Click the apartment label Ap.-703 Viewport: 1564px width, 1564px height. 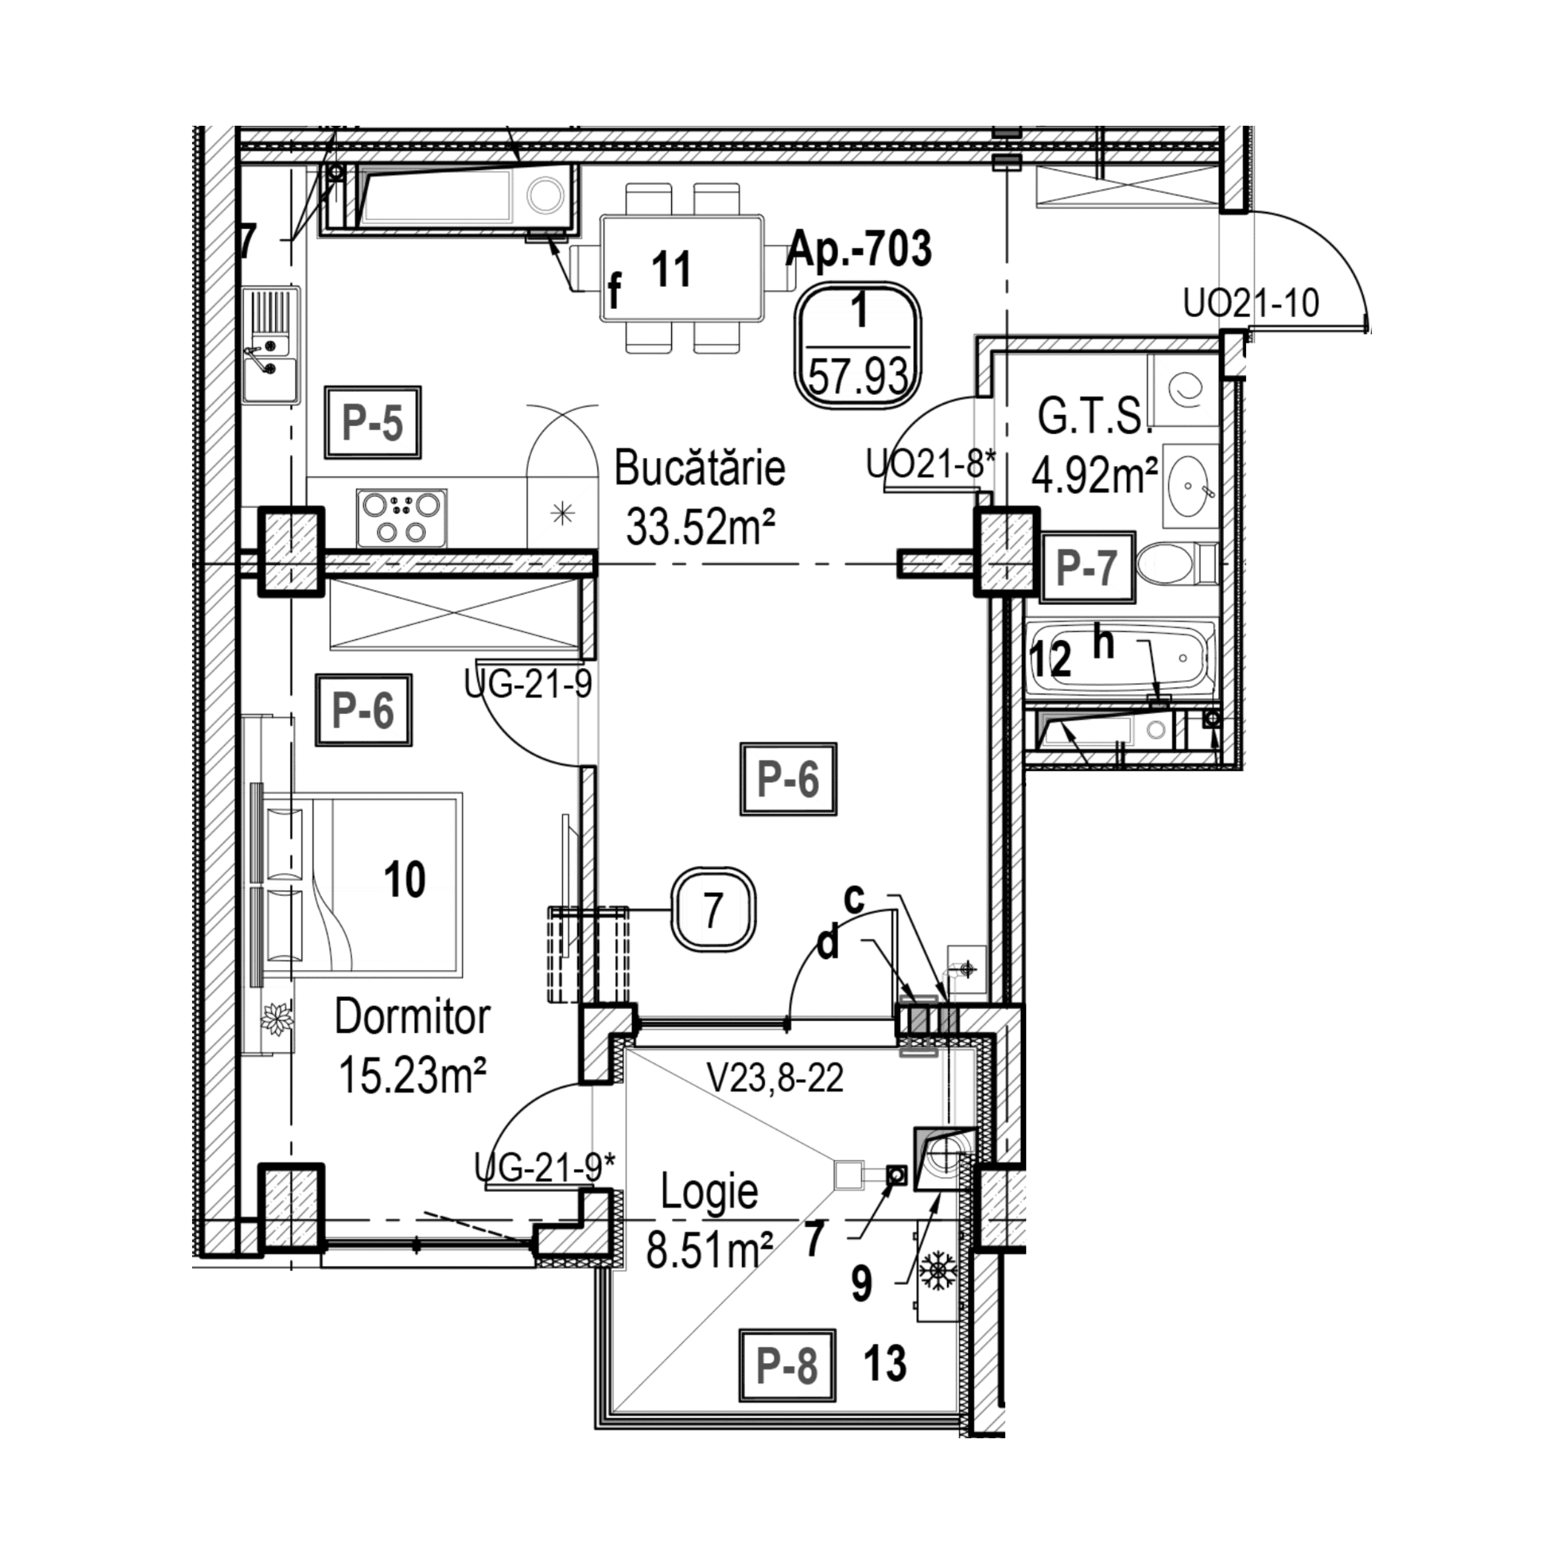860,248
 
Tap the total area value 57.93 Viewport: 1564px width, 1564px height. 860,377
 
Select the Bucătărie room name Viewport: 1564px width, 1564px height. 700,470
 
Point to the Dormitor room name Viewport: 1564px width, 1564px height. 412,1018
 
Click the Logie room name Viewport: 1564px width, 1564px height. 710,1192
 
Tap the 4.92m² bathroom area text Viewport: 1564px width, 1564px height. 1094,476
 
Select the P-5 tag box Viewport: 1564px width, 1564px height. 373,422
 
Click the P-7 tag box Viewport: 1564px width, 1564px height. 1087,567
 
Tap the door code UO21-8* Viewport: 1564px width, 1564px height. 930,465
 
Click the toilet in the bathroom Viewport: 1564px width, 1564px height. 1176,564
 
